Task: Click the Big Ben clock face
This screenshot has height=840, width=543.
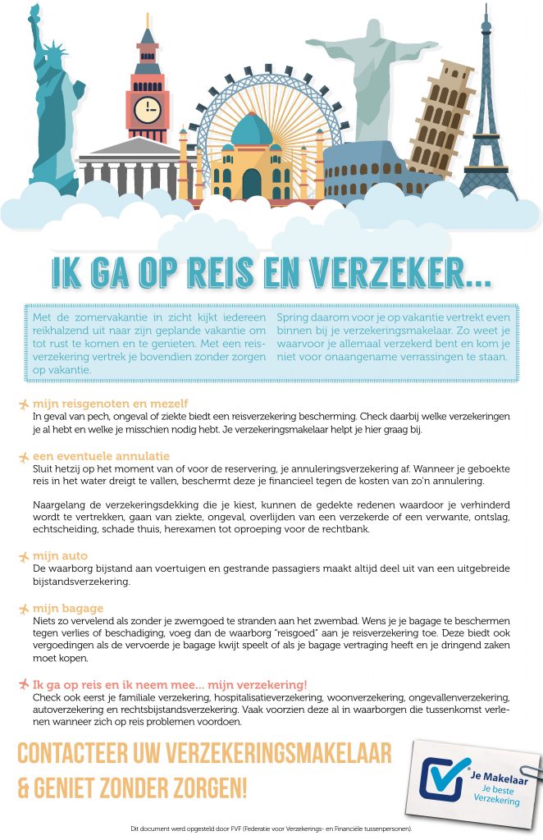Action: pyautogui.click(x=148, y=109)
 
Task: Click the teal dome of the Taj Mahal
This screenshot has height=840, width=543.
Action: pyautogui.click(x=251, y=131)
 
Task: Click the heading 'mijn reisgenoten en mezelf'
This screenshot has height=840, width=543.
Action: pyautogui.click(x=110, y=404)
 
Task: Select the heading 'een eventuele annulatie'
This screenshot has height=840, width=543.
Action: pyautogui.click(x=101, y=455)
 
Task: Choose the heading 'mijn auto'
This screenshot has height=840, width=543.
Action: pyautogui.click(x=60, y=556)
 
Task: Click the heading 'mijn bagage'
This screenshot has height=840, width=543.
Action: pyautogui.click(x=68, y=608)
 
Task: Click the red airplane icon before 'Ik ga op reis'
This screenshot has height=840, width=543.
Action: pyautogui.click(x=23, y=684)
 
